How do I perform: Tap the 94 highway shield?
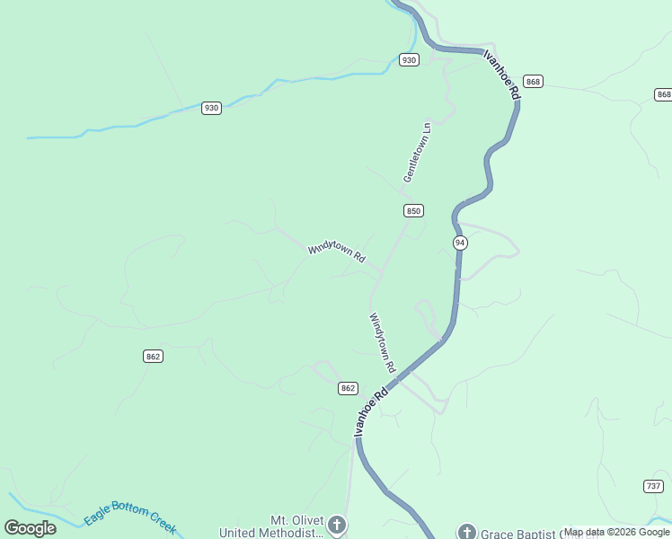tap(460, 243)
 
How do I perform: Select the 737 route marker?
tap(654, 486)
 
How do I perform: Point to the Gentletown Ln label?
tap(418, 153)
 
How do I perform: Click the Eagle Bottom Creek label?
tap(130, 518)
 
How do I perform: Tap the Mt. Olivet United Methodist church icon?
tap(337, 525)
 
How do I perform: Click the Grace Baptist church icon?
tap(466, 532)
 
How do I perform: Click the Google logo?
tap(31, 528)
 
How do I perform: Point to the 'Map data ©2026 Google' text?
tap(616, 532)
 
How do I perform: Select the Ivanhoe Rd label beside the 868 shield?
tap(502, 75)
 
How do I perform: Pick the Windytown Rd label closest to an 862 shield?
tap(382, 342)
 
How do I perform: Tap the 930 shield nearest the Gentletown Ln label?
tap(409, 60)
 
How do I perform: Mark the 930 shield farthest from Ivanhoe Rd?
tap(211, 108)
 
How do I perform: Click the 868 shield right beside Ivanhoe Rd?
tap(534, 82)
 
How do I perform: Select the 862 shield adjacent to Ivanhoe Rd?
tap(349, 388)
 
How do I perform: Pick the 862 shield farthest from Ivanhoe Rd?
tap(153, 357)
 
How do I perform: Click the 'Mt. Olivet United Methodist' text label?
tap(296, 526)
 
